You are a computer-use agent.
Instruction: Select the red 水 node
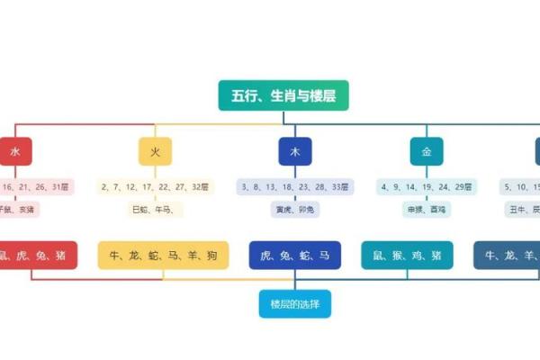tap(15, 151)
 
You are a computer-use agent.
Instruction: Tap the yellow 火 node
tap(155, 151)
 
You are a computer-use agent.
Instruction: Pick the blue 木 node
tap(295, 151)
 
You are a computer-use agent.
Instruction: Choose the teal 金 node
tap(427, 151)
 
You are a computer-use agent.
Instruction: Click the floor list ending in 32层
tap(155, 187)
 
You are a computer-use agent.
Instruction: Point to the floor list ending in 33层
tap(295, 187)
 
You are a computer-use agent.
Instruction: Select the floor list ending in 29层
tap(427, 187)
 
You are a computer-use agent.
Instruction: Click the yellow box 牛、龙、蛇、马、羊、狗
tap(163, 256)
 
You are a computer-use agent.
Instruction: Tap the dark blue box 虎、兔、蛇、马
tap(295, 256)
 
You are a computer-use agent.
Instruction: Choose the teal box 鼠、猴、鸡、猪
tap(407, 256)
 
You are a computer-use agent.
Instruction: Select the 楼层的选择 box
tap(295, 304)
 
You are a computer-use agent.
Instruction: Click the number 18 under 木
tap(286, 187)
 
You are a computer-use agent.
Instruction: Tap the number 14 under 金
tap(417, 187)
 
